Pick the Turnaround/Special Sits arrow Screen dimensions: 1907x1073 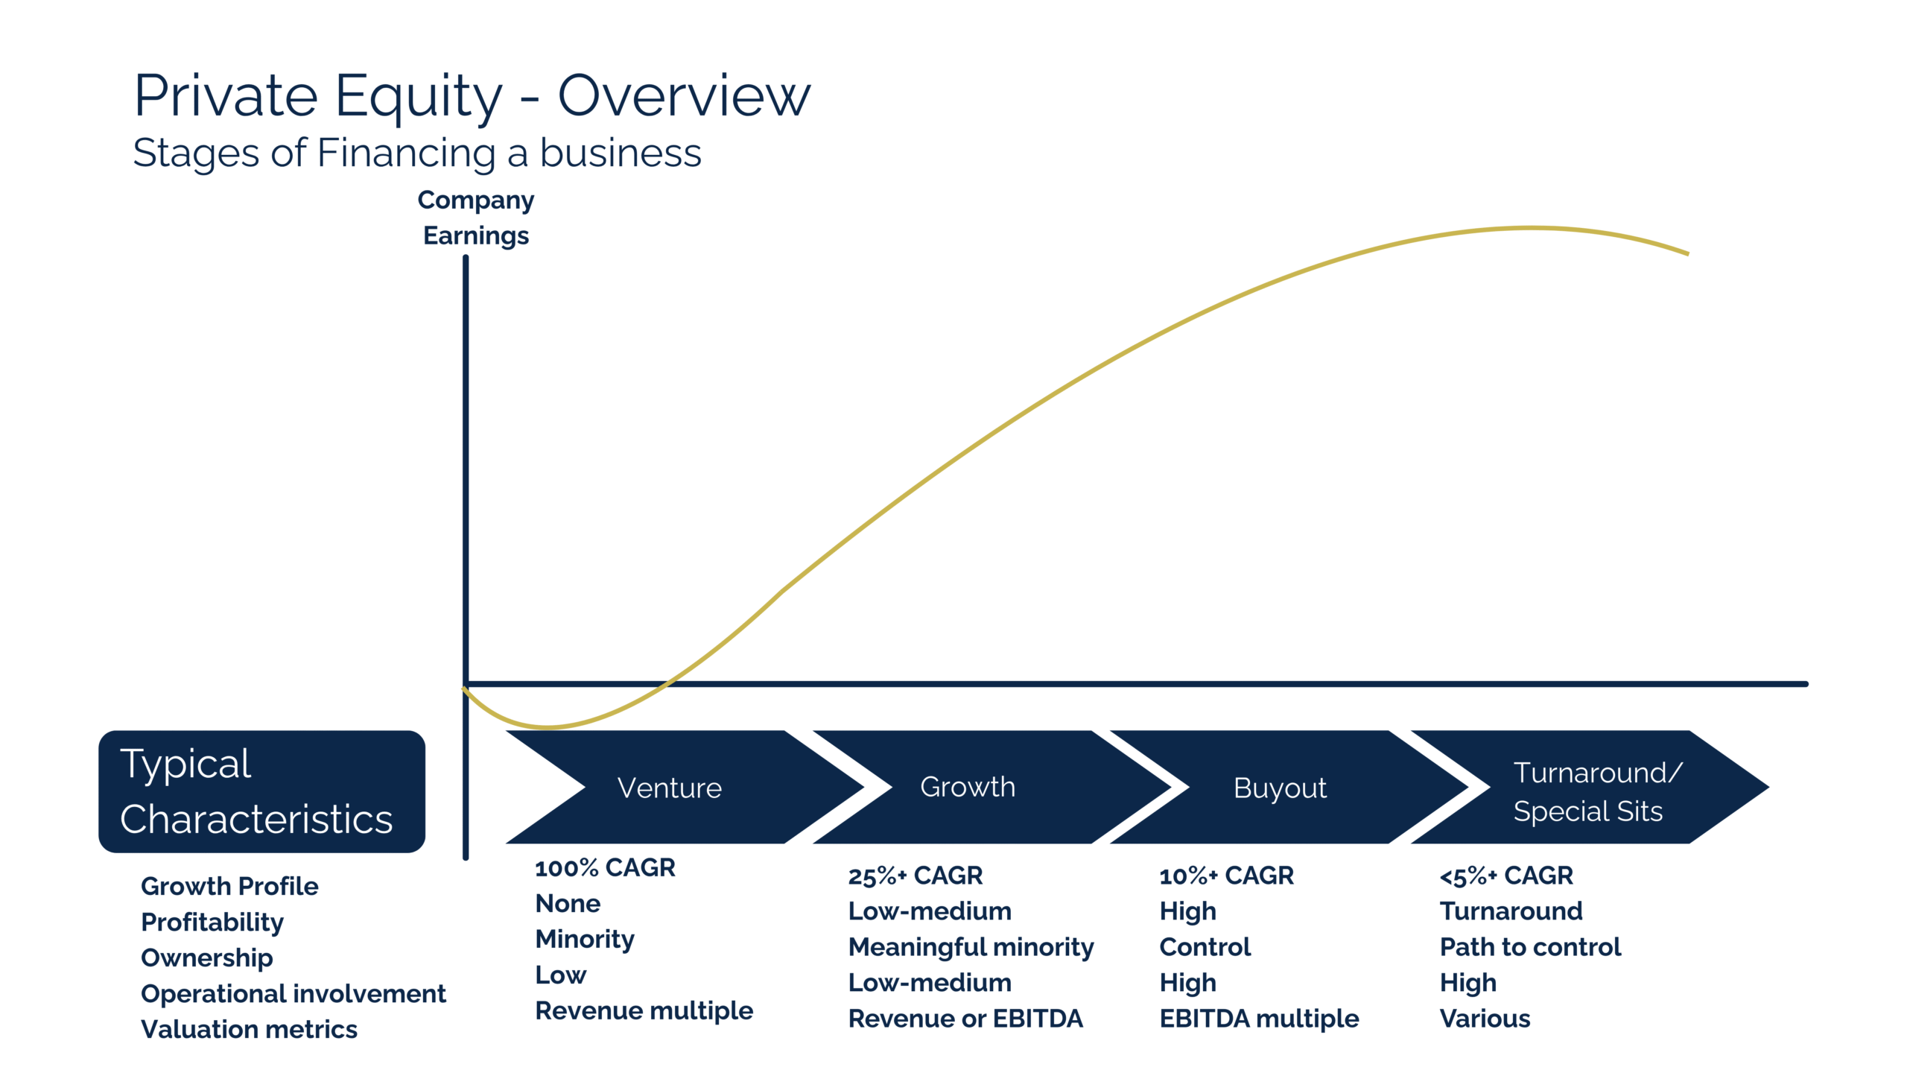point(1590,787)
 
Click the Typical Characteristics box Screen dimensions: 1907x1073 point(261,791)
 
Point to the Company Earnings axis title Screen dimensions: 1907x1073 point(476,218)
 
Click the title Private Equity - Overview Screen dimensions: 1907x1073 point(472,96)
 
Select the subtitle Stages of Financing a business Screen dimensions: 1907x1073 point(417,153)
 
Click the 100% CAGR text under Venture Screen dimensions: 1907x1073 point(605,867)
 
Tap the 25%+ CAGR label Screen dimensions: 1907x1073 point(916,876)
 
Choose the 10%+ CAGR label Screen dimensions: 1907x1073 point(1227,876)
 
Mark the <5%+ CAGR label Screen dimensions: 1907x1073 point(1506,876)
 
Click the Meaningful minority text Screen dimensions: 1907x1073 point(971,947)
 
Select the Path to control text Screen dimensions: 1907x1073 point(1530,947)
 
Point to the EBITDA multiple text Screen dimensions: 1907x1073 point(1260,1019)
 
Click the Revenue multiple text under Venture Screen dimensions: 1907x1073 point(644,1010)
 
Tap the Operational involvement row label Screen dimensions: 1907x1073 point(293,994)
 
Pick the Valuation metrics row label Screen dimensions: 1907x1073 point(250,1029)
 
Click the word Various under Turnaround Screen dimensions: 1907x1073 point(1485,1019)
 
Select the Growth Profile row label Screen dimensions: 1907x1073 point(229,886)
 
